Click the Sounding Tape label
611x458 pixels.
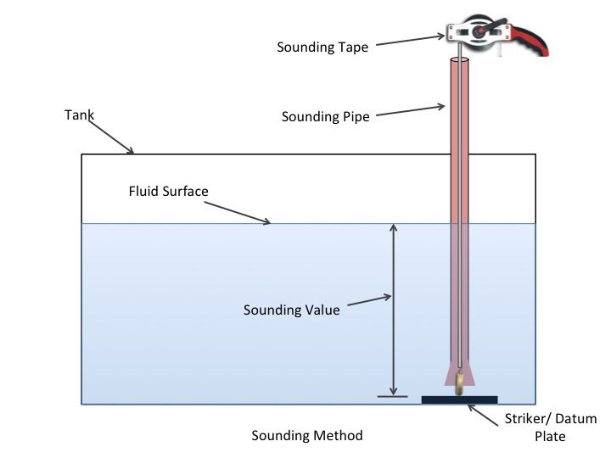[322, 47]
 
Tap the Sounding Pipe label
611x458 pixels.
[325, 116]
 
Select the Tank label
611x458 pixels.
[79, 114]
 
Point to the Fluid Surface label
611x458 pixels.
[168, 191]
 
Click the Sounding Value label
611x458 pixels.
[291, 310]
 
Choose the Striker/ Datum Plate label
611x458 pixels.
[551, 427]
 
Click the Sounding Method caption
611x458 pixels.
[307, 435]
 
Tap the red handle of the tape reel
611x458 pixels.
[530, 40]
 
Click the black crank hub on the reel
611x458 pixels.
[479, 31]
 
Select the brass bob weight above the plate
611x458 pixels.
[460, 383]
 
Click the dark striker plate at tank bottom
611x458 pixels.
[459, 400]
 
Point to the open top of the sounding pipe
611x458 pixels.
[460, 60]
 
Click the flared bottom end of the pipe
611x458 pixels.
[460, 375]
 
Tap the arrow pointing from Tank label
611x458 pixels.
[111, 137]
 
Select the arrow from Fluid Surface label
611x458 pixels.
[238, 213]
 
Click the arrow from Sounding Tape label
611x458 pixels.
[411, 40]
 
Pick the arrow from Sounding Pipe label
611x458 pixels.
[411, 110]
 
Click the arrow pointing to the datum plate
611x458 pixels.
[483, 415]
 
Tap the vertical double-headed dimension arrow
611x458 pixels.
[393, 310]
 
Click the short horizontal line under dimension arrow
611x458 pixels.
[392, 397]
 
